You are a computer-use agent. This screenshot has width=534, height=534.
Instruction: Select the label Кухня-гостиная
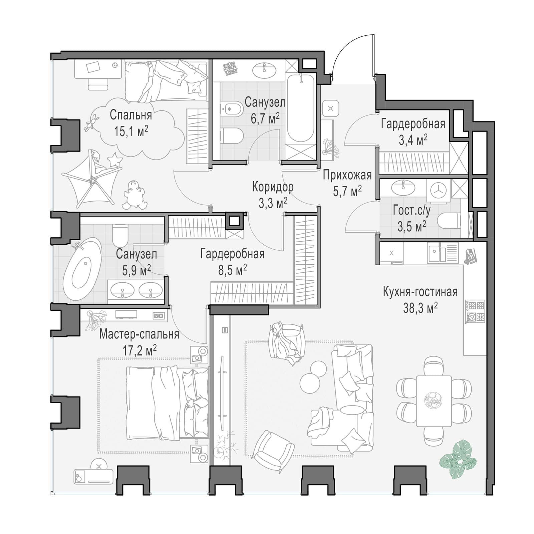420,292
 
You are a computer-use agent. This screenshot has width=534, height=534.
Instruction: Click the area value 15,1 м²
131,131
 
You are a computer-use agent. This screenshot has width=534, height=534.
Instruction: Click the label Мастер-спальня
139,334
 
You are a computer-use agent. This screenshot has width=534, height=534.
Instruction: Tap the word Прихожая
347,175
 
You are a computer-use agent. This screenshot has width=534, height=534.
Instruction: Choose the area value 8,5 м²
233,270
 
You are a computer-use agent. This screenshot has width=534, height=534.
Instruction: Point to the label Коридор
273,187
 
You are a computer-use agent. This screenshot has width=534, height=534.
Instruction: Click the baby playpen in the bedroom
92,179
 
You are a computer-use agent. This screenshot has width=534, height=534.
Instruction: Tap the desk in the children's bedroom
98,69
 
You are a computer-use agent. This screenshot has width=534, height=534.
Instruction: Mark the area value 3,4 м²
413,140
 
